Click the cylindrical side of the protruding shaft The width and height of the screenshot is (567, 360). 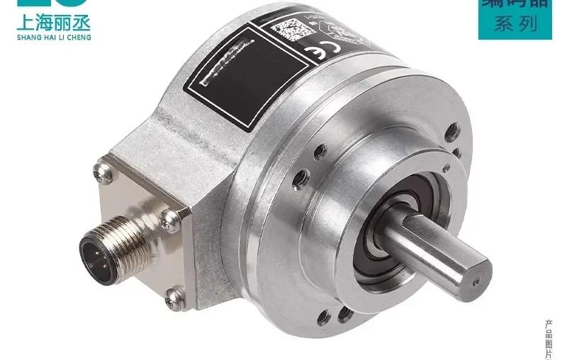coord(432,244)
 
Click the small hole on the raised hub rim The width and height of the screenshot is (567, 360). coord(320,151)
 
